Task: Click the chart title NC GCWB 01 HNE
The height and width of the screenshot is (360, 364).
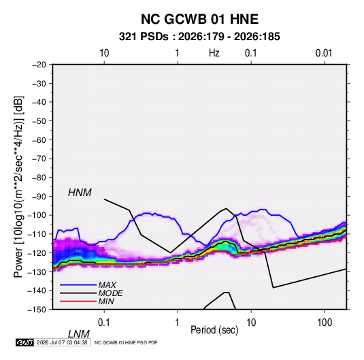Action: tap(199, 19)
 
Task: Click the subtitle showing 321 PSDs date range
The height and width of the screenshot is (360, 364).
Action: tap(199, 37)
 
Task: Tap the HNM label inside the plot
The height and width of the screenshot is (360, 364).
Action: tap(80, 193)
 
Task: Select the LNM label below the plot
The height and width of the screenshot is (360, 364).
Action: tap(79, 334)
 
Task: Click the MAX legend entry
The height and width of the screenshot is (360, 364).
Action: tap(107, 284)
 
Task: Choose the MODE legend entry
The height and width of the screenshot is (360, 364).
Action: tap(110, 293)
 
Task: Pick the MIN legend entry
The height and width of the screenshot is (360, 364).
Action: tap(106, 301)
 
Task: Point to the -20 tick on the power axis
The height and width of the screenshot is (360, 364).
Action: tap(39, 65)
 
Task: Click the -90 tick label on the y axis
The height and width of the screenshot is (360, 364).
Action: tap(39, 196)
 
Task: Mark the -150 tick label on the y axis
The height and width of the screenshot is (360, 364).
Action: tap(37, 310)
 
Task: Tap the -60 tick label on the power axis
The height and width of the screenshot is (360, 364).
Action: tap(39, 140)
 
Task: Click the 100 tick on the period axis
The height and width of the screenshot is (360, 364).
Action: tap(325, 323)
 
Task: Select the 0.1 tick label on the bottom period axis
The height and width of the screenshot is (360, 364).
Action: tap(104, 323)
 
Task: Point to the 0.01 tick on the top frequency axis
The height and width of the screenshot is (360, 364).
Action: tap(324, 53)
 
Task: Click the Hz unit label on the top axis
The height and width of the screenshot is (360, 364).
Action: tap(214, 53)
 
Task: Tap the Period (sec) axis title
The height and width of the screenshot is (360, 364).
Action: tap(214, 330)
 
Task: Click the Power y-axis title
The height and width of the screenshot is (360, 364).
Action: tap(18, 187)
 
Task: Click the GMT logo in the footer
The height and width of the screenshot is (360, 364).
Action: tap(24, 342)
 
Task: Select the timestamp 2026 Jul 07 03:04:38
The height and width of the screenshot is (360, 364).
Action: tap(62, 342)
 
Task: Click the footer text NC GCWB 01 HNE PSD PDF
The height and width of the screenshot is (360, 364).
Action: tap(126, 342)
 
